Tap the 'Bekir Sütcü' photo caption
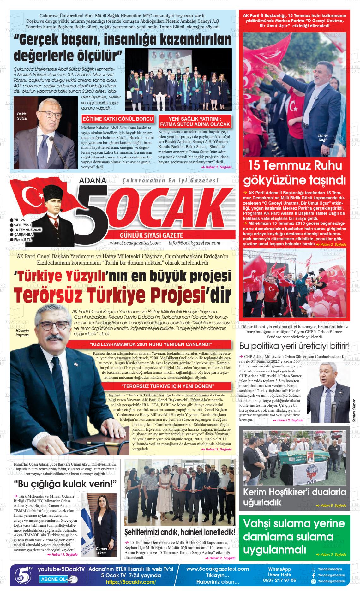tap(22, 116)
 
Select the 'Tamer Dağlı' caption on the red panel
tap(323, 138)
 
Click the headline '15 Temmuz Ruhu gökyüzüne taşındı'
tap(297, 173)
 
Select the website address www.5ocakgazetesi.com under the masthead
tap(135, 243)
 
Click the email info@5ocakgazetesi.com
tap(194, 243)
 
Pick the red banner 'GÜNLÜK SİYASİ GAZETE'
tap(152, 235)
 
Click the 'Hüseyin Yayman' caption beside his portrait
tap(22, 332)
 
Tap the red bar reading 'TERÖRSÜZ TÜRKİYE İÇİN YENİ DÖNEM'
tap(168, 387)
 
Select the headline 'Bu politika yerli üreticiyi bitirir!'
tap(294, 346)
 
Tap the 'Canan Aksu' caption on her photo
tap(101, 551)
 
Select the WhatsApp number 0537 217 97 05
tap(279, 580)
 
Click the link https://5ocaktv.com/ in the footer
tap(131, 582)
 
